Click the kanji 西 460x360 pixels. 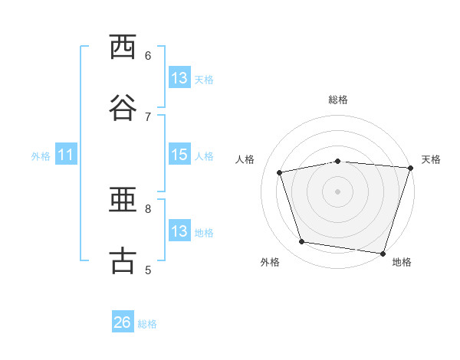pos(123,47)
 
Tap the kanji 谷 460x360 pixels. pos(123,107)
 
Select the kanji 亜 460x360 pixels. pos(123,200)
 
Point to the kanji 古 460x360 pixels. pos(123,260)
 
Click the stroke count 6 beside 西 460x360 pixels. pos(148,56)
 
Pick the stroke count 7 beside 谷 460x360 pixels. pos(148,117)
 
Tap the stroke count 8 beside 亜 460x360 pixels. pos(148,209)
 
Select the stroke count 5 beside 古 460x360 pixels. pos(148,270)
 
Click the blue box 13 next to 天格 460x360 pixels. pos(179,77)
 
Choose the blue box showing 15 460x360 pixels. pos(179,154)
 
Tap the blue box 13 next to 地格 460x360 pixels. pos(179,230)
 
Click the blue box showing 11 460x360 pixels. pos(66,154)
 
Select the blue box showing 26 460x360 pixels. pos(123,321)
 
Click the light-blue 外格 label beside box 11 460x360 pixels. pos(41,156)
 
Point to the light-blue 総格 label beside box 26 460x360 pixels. pos(147,324)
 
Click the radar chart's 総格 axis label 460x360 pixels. pos(338,100)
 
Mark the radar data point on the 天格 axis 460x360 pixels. pos(411,168)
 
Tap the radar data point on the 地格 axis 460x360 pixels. pos(383,254)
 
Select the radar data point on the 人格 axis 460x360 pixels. pos(280,172)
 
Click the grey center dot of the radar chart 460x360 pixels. pos(337,191)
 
